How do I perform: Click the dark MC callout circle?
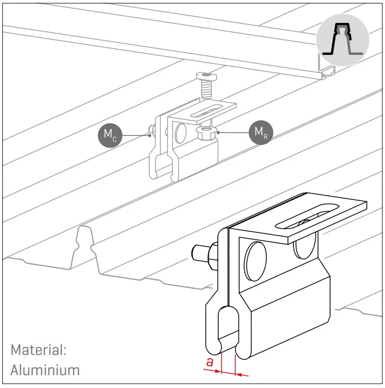(109, 134)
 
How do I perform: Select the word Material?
(38, 350)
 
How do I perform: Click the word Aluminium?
(45, 369)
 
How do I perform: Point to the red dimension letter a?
(211, 363)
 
